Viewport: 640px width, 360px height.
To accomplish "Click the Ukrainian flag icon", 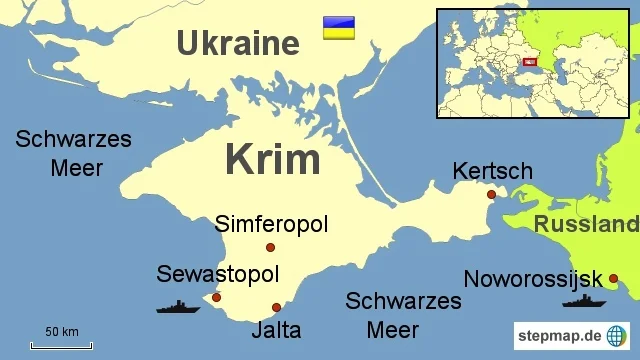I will click(x=338, y=28).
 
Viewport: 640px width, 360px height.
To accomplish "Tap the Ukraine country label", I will click(x=237, y=43).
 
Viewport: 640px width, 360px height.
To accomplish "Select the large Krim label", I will click(x=272, y=159).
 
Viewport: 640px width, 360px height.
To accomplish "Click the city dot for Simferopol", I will click(x=270, y=248).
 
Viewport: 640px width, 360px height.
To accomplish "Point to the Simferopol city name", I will click(x=271, y=224).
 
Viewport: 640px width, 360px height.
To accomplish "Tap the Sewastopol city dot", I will click(x=216, y=297).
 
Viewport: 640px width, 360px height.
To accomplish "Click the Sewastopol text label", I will click(x=217, y=274).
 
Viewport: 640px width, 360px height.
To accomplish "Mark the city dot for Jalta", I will click(x=276, y=307).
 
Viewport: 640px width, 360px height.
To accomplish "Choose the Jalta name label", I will click(x=276, y=329).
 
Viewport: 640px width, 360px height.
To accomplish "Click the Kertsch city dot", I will click(x=491, y=194).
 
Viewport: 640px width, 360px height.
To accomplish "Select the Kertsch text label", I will click(x=492, y=171).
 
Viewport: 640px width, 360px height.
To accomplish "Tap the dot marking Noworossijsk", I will click(x=613, y=278).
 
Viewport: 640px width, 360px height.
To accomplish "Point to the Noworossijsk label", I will click(x=533, y=279).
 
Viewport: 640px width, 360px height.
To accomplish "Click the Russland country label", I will click(x=585, y=224).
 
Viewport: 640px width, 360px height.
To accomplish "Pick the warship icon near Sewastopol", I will click(x=178, y=307).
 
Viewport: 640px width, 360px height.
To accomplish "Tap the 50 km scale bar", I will click(x=61, y=345).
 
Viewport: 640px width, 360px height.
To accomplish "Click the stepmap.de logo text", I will click(x=558, y=333).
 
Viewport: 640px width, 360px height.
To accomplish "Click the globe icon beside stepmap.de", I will click(x=618, y=334).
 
